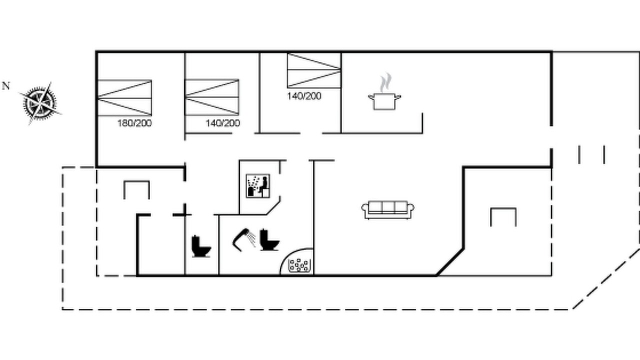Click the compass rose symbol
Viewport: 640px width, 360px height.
tap(40, 103)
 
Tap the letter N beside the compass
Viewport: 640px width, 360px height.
tap(5, 85)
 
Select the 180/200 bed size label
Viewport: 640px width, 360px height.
tap(134, 123)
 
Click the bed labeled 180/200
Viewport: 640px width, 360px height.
tap(124, 98)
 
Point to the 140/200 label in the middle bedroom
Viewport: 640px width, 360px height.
tap(223, 123)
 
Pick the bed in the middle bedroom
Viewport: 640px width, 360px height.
tap(212, 97)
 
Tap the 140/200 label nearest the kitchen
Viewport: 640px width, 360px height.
tap(304, 96)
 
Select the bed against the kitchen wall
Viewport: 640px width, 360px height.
tap(314, 70)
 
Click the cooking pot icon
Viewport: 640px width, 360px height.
tap(384, 101)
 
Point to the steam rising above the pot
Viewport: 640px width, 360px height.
tap(385, 82)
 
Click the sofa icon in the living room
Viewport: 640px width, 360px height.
tap(387, 210)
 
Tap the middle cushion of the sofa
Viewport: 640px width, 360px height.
tap(388, 207)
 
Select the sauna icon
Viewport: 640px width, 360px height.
tap(257, 185)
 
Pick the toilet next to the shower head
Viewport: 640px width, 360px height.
tap(269, 239)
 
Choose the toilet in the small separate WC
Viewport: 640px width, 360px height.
tap(201, 246)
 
